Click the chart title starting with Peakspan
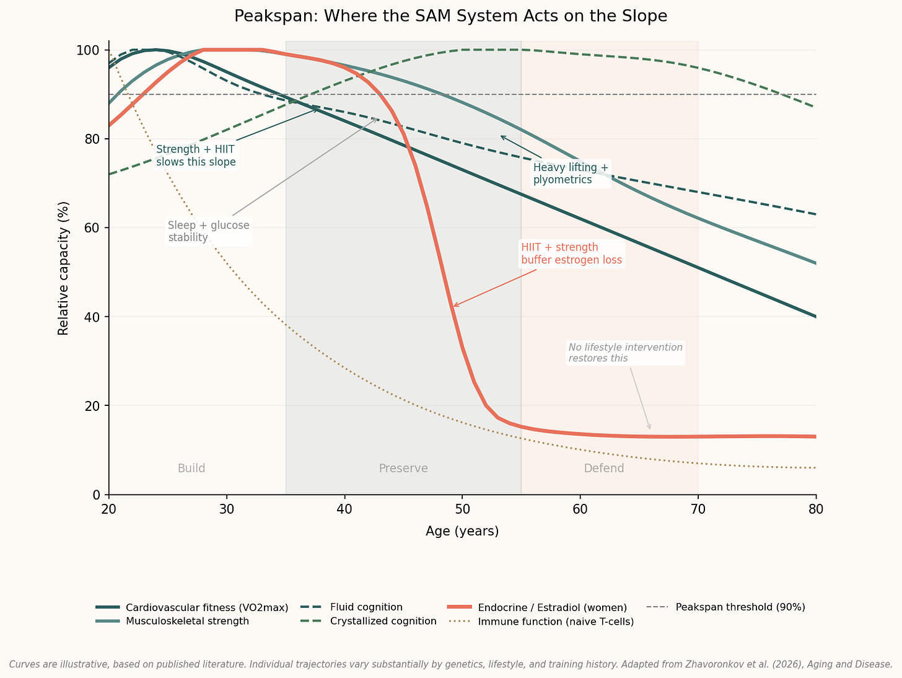coord(450,16)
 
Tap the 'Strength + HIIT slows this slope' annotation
coord(196,156)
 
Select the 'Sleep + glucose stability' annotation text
coord(208,231)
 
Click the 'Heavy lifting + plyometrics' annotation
coord(571,174)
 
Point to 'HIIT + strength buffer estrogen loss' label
coord(571,253)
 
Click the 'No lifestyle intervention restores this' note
coord(625,353)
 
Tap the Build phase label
coord(191,469)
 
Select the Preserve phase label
coord(403,469)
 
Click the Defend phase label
coord(603,469)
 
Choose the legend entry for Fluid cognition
coord(366,607)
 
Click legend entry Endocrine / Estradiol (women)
coord(552,607)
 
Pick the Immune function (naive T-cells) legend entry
coord(555,621)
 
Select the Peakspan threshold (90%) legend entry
coord(740,607)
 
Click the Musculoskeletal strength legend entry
coord(187,621)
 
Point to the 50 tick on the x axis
coord(462,509)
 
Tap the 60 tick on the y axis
coord(92,228)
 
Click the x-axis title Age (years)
coord(462,531)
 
